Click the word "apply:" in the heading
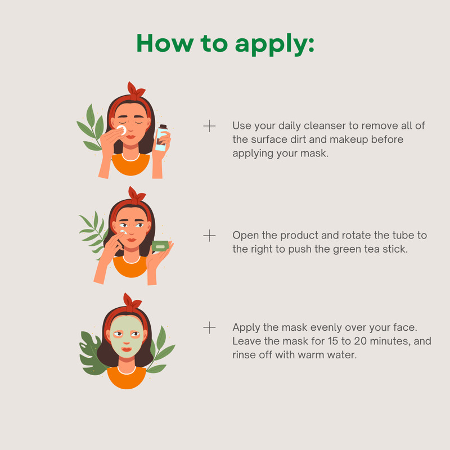274,44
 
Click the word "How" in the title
165,43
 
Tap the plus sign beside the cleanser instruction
209,126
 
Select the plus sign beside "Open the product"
209,236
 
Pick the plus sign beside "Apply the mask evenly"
209,328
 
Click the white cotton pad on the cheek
122,130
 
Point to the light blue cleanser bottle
161,138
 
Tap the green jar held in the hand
160,246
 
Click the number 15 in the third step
332,341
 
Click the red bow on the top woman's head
136,91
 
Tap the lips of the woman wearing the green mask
126,349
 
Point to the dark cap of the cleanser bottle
163,127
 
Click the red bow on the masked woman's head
132,302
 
